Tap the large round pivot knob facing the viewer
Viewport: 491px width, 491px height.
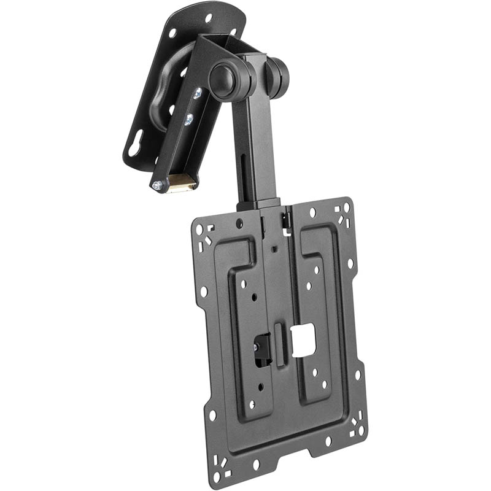(x=222, y=79)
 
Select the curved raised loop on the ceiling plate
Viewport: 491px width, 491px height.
(x=161, y=101)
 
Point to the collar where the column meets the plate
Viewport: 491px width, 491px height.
(x=259, y=203)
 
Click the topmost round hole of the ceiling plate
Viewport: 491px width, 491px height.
(x=209, y=18)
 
